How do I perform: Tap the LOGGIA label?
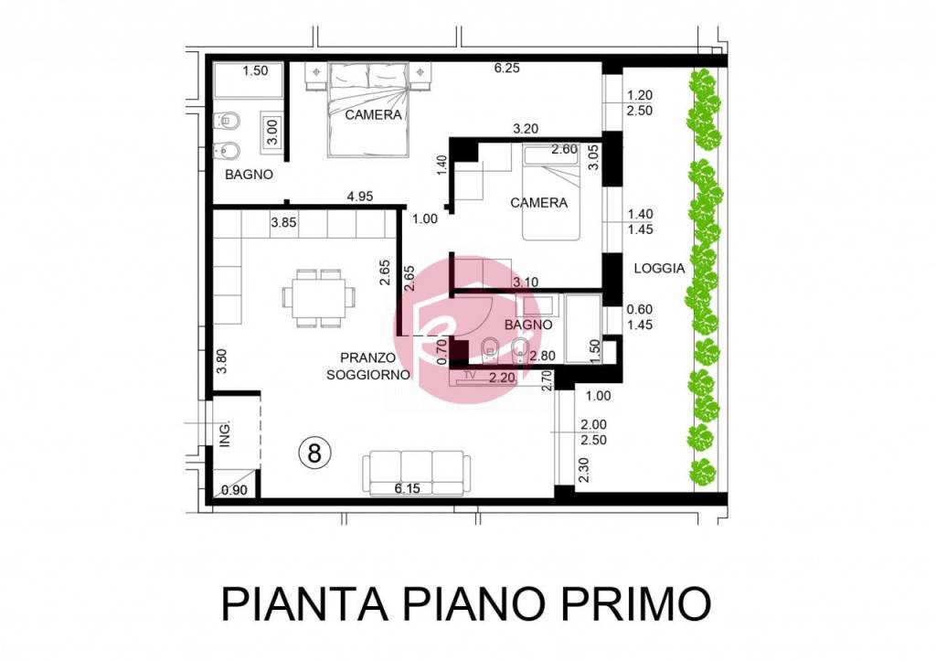pyautogui.click(x=659, y=269)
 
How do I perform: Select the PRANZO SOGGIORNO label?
pyautogui.click(x=367, y=366)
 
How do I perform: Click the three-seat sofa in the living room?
pyautogui.click(x=417, y=471)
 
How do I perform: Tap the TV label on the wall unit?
pyautogui.click(x=471, y=376)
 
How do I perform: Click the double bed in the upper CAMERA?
pyautogui.click(x=367, y=110)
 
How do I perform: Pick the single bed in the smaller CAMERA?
pyautogui.click(x=551, y=194)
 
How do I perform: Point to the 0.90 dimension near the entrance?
pyautogui.click(x=234, y=491)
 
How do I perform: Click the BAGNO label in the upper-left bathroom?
pyautogui.click(x=249, y=174)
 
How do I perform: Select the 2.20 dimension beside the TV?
pyautogui.click(x=502, y=376)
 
